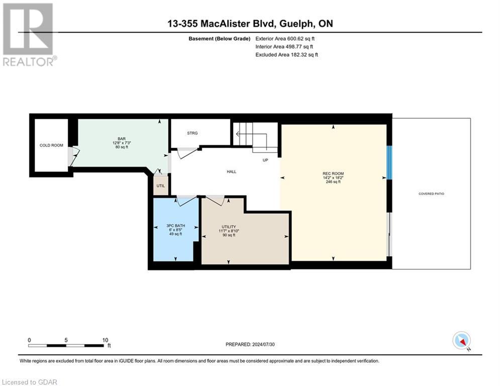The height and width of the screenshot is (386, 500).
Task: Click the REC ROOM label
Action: [333, 174]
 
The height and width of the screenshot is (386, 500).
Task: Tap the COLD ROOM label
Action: [51, 145]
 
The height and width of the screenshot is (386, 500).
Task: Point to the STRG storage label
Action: [192, 133]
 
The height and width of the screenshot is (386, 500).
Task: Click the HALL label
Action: [231, 171]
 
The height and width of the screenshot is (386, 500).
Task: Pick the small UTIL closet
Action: [160, 185]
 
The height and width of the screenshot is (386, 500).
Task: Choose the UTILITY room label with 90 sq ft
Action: [229, 227]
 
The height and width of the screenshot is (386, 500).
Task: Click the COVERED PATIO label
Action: [431, 194]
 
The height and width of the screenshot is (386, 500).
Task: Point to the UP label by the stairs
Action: [265, 160]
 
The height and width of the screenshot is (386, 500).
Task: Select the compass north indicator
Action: [461, 340]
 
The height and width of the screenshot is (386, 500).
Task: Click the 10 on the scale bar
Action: [106, 340]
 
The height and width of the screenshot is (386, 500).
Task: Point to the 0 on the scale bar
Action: [29, 340]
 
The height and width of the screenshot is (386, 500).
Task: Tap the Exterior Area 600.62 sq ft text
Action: [285, 38]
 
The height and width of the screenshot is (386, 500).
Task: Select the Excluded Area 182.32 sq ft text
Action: [286, 54]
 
